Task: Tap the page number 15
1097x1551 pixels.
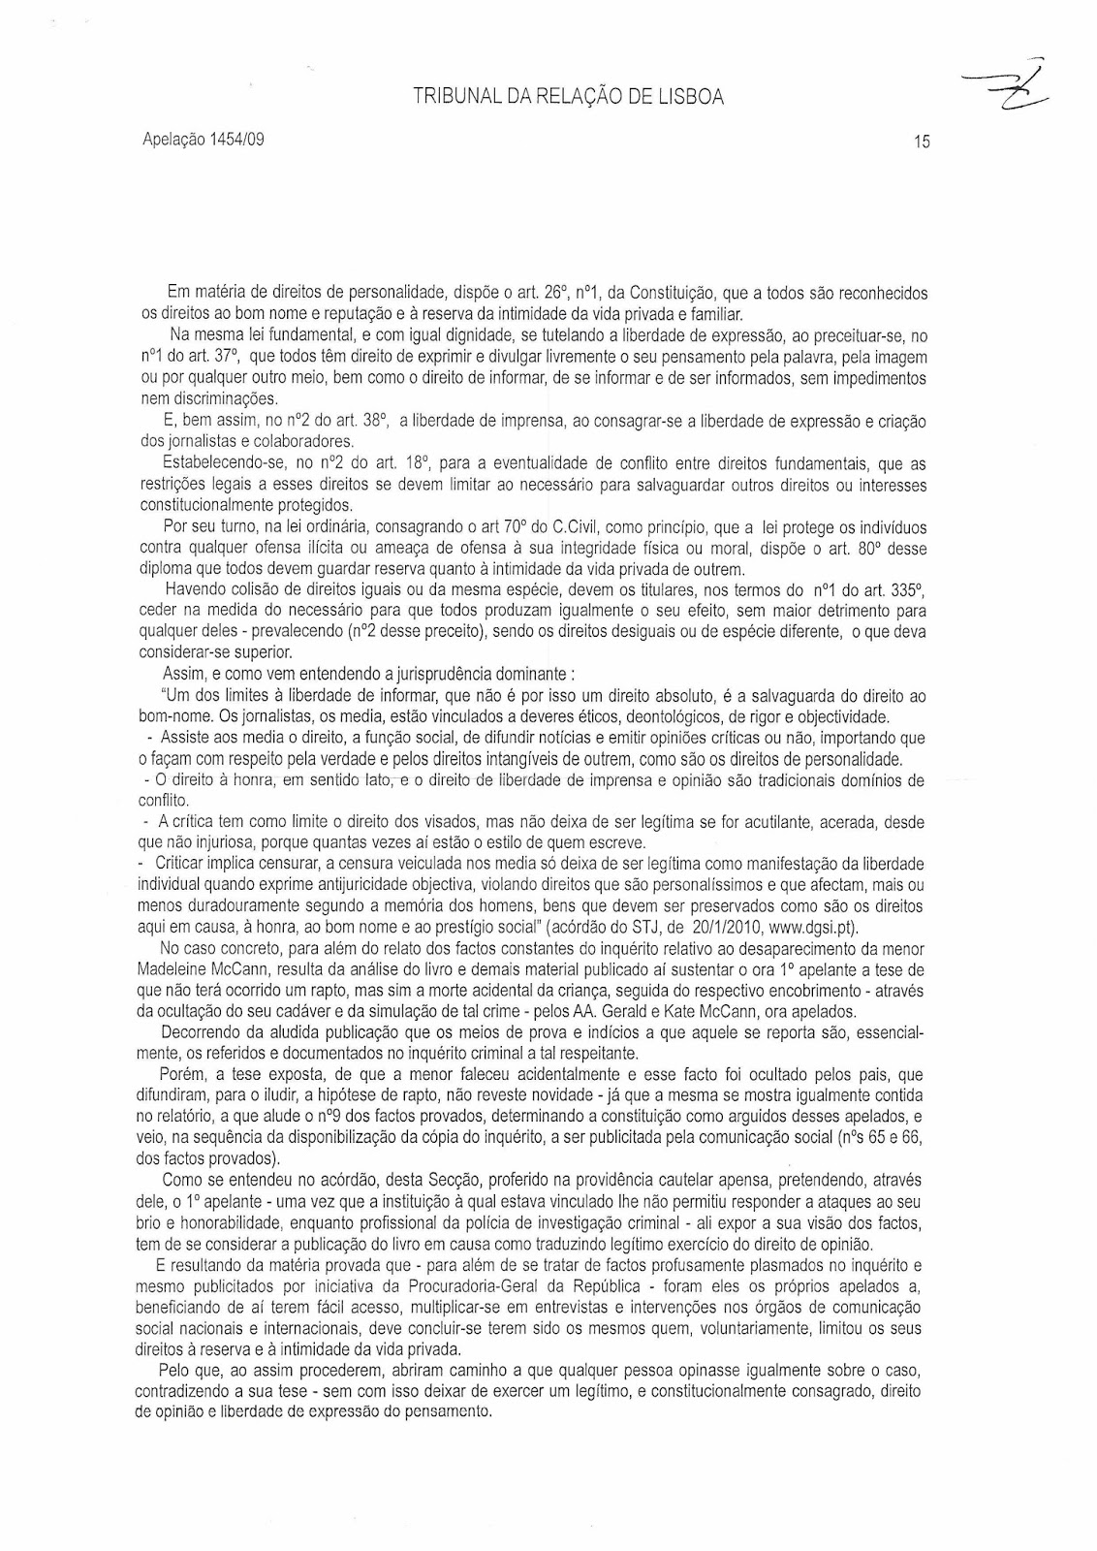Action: click(x=921, y=142)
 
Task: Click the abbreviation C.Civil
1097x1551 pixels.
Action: click(x=578, y=526)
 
